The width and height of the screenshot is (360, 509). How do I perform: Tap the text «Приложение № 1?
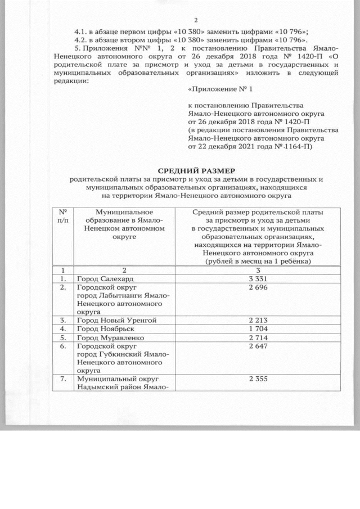(220, 89)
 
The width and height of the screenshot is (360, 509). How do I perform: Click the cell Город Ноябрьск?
(105, 328)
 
